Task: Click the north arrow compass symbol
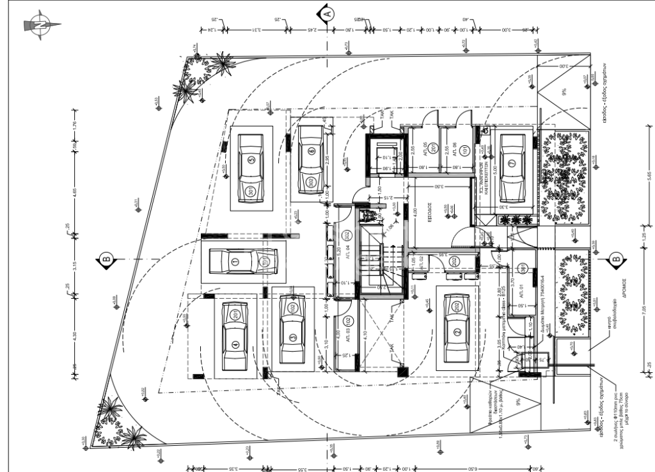tap(40, 25)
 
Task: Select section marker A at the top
tap(327, 12)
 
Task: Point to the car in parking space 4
tap(235, 336)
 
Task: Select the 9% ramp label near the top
tap(564, 92)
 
